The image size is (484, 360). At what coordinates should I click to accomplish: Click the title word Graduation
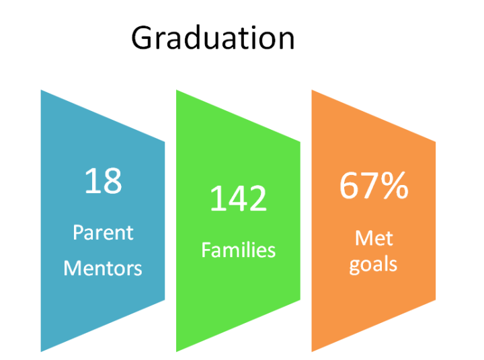click(213, 38)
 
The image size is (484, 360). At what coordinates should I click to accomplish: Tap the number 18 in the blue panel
click(103, 181)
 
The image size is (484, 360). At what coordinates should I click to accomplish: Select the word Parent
click(103, 232)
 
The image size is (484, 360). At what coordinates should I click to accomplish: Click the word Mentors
click(103, 268)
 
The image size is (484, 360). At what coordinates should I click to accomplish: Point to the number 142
click(238, 198)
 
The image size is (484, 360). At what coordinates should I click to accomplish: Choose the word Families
click(238, 250)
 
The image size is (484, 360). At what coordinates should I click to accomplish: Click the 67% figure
click(374, 186)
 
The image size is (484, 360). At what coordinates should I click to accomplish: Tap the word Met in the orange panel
click(374, 238)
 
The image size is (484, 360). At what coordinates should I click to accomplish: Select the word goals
click(373, 265)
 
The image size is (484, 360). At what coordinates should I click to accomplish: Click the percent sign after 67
click(395, 186)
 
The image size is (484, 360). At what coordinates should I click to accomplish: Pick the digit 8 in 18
click(113, 181)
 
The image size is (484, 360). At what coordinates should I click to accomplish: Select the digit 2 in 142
click(257, 198)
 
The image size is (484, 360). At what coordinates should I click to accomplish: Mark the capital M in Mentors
click(72, 268)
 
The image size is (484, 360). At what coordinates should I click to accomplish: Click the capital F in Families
click(206, 249)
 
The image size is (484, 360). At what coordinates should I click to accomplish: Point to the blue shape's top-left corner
click(41, 90)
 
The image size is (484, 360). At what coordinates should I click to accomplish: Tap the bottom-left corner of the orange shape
click(312, 352)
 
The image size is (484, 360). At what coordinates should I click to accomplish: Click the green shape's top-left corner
click(176, 90)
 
